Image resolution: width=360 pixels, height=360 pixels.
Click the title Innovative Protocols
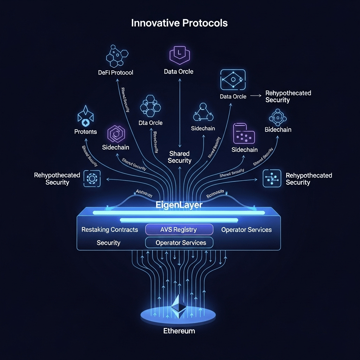pyautogui.click(x=179, y=23)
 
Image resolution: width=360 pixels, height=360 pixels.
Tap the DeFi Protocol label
pyautogui.click(x=116, y=72)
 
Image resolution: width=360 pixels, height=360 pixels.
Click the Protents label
pyautogui.click(x=85, y=132)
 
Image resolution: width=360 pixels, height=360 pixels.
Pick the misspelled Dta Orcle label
pyautogui.click(x=151, y=123)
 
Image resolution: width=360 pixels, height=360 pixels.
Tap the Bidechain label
pyautogui.click(x=278, y=130)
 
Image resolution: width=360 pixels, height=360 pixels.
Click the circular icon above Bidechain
pyautogui.click(x=278, y=116)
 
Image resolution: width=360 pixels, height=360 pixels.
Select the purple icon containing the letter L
pyautogui.click(x=180, y=54)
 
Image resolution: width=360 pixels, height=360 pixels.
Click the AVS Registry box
pyautogui.click(x=179, y=230)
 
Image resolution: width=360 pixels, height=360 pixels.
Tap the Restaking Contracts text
pyautogui.click(x=110, y=230)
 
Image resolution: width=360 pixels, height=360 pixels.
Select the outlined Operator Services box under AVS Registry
pyautogui.click(x=179, y=243)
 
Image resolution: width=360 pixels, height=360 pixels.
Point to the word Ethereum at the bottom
pyautogui.click(x=179, y=331)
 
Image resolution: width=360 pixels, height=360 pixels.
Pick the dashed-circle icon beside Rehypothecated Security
pyautogui.click(x=92, y=179)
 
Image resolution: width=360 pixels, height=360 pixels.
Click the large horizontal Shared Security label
pyautogui.click(x=179, y=157)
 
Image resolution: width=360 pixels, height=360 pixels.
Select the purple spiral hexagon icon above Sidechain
pyautogui.click(x=115, y=134)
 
